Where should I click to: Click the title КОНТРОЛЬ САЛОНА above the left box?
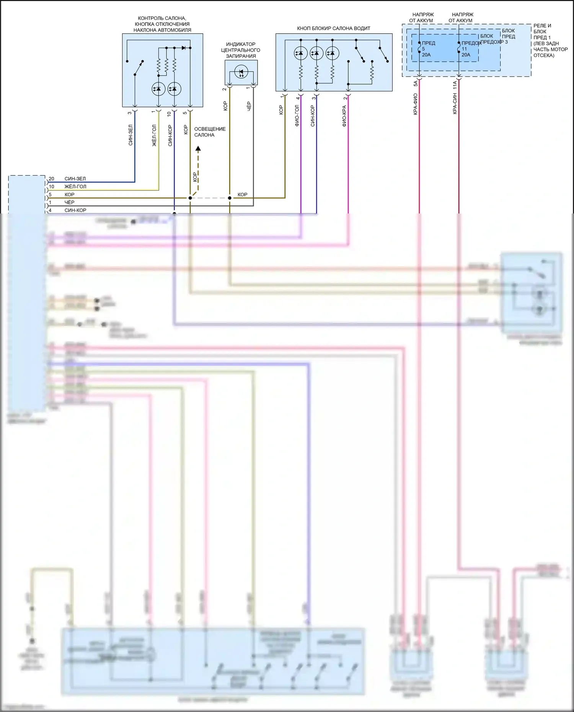point(162,18)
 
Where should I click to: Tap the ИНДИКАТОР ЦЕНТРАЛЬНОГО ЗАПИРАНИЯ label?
point(241,50)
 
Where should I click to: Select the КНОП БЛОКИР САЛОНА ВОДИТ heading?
point(333,28)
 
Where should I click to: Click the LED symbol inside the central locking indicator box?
point(241,72)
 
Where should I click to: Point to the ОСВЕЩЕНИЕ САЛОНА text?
point(210,132)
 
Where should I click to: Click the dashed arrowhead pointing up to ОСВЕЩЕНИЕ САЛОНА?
point(198,149)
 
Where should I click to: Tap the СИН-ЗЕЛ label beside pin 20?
point(75,179)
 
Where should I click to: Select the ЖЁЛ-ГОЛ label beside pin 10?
point(75,187)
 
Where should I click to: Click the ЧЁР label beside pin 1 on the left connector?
point(69,202)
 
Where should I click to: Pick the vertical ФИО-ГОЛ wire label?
point(297,116)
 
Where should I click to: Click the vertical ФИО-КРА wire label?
point(344,116)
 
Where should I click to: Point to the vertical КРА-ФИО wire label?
point(415,104)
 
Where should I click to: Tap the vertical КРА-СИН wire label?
point(455,103)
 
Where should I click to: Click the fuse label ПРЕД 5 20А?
point(428,49)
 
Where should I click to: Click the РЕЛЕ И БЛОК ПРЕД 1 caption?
point(550,41)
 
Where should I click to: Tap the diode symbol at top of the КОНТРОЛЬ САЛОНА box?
point(184,48)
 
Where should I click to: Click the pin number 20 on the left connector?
point(51,179)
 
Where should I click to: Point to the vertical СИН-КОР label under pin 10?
point(170,135)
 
